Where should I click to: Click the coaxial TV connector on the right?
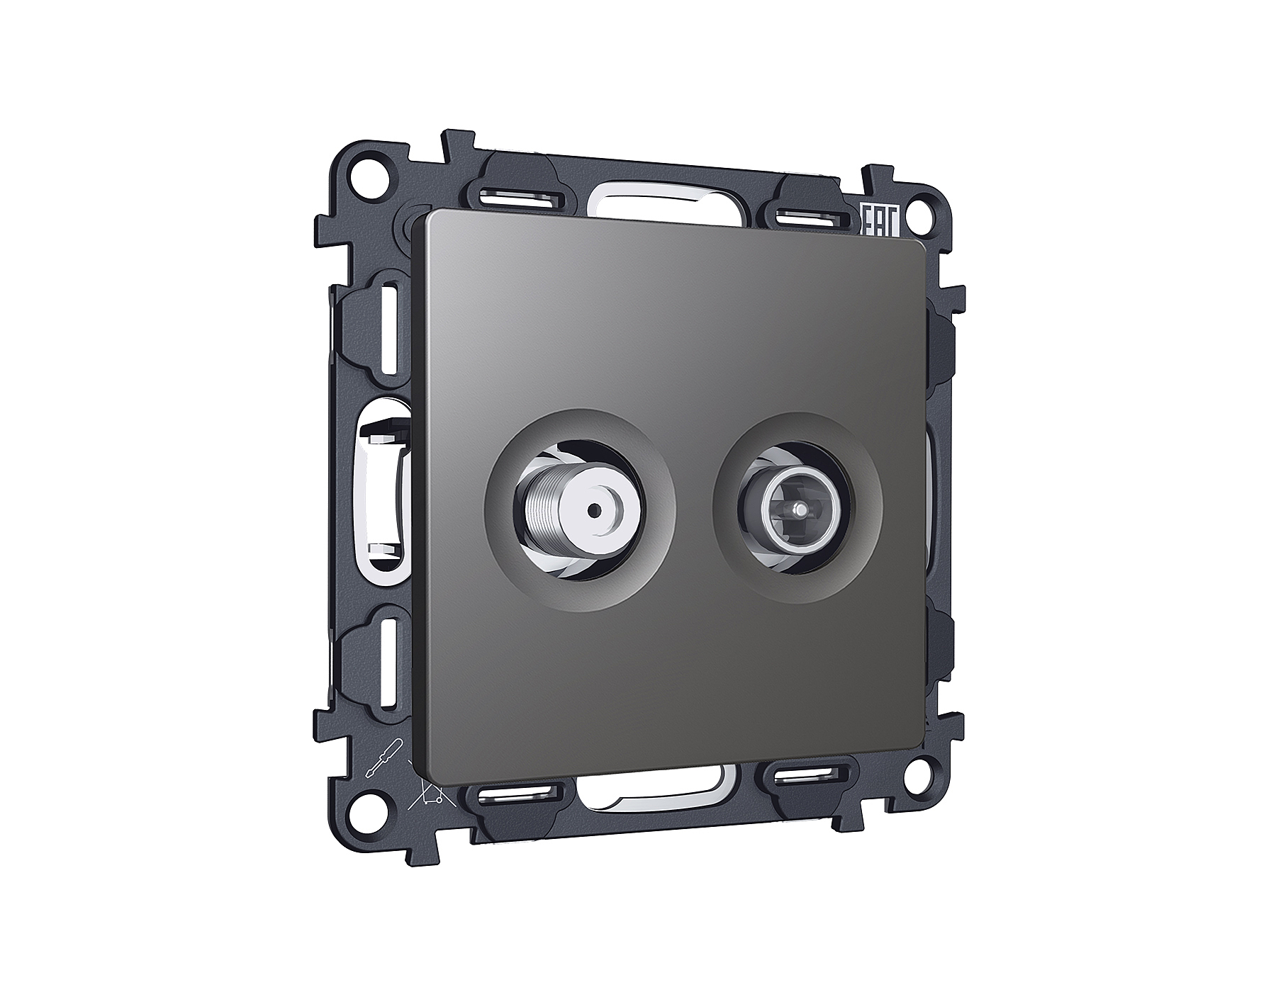797,509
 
